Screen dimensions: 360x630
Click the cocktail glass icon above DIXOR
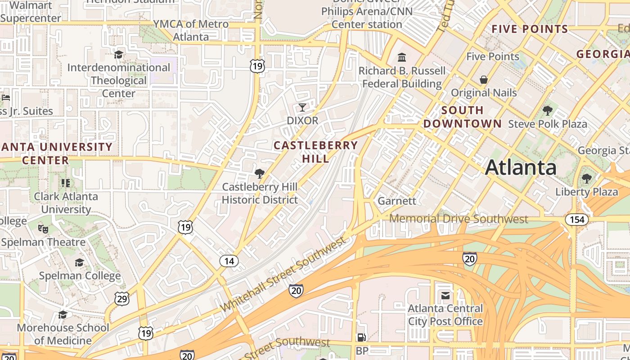pyautogui.click(x=302, y=107)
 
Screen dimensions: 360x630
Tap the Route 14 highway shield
pyautogui.click(x=229, y=261)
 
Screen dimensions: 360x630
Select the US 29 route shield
pyautogui.click(x=121, y=298)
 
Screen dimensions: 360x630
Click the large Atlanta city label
pyautogui.click(x=521, y=168)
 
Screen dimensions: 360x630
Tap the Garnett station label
pyautogui.click(x=397, y=201)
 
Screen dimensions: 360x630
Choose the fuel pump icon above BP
pyautogui.click(x=361, y=337)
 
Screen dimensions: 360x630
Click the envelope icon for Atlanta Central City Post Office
pyautogui.click(x=445, y=296)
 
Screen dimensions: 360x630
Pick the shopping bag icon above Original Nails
pyautogui.click(x=484, y=80)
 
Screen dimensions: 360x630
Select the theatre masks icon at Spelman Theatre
pyautogui.click(x=43, y=229)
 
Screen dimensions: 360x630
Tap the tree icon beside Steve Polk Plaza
pyautogui.click(x=548, y=110)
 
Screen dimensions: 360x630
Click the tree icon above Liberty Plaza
pyautogui.click(x=586, y=178)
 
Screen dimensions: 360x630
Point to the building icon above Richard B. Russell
pyautogui.click(x=402, y=58)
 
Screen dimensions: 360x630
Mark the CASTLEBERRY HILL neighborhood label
pyautogui.click(x=315, y=152)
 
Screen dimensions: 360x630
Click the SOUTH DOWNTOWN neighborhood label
pyautogui.click(x=462, y=117)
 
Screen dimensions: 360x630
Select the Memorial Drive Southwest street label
pyautogui.click(x=458, y=219)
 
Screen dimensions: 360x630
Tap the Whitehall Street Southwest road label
pyautogui.click(x=283, y=274)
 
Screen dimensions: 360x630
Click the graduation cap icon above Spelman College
pyautogui.click(x=80, y=262)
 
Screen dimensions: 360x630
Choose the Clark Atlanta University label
pyautogui.click(x=66, y=203)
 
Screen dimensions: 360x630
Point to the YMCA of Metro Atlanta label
pyautogui.click(x=191, y=30)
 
